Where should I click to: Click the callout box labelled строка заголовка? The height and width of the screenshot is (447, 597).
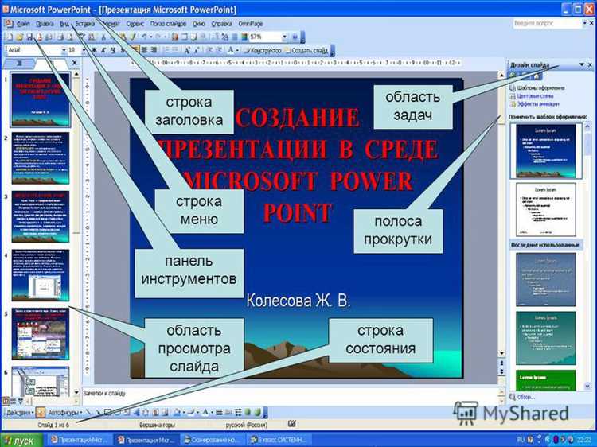[x=189, y=112]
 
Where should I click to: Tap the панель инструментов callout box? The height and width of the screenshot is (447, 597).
[x=189, y=270]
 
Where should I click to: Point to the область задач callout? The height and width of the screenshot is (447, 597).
[x=413, y=106]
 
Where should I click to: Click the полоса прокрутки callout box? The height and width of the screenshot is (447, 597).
[x=398, y=230]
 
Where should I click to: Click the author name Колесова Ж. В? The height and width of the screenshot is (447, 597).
[x=298, y=301]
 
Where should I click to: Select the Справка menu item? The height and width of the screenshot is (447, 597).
[x=211, y=24]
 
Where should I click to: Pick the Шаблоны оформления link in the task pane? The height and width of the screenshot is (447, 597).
[x=540, y=87]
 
